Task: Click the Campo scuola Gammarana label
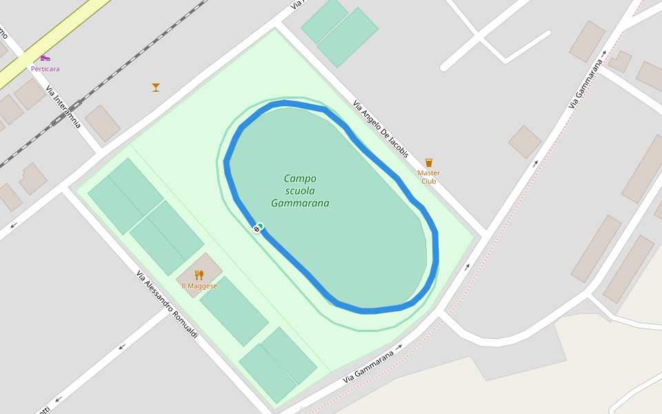[x=300, y=191]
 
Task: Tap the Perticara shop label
[x=46, y=69]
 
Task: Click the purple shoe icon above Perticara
[x=45, y=58]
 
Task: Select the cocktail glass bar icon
[x=156, y=87]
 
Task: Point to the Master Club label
[x=428, y=177]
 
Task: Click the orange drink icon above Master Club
[x=429, y=163]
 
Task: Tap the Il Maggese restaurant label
[x=199, y=286]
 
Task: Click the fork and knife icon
[x=199, y=275]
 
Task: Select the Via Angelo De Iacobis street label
[x=381, y=129]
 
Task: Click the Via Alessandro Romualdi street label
[x=167, y=304]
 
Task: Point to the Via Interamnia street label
[x=63, y=107]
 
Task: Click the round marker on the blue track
[x=257, y=228]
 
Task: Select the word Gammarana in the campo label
[x=300, y=204]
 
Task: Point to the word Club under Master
[x=428, y=181]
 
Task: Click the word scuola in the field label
[x=300, y=191]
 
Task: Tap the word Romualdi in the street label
[x=181, y=321]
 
